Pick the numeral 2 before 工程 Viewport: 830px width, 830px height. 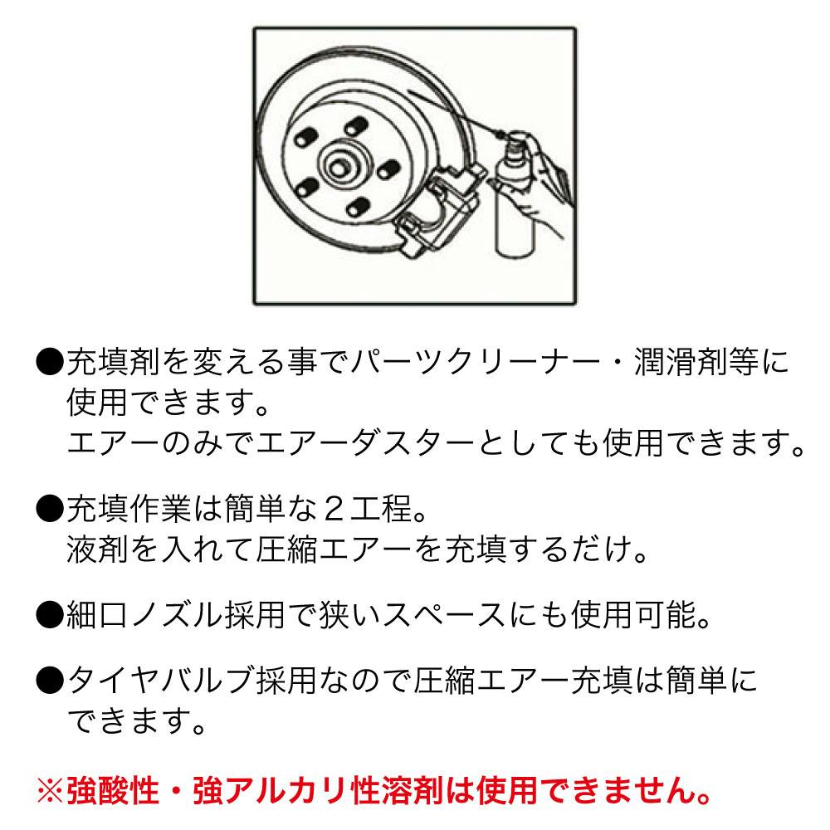tap(334, 510)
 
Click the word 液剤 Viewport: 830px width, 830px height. tap(97, 549)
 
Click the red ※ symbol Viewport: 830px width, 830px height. tap(51, 791)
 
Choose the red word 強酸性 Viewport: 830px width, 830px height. tap(113, 791)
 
